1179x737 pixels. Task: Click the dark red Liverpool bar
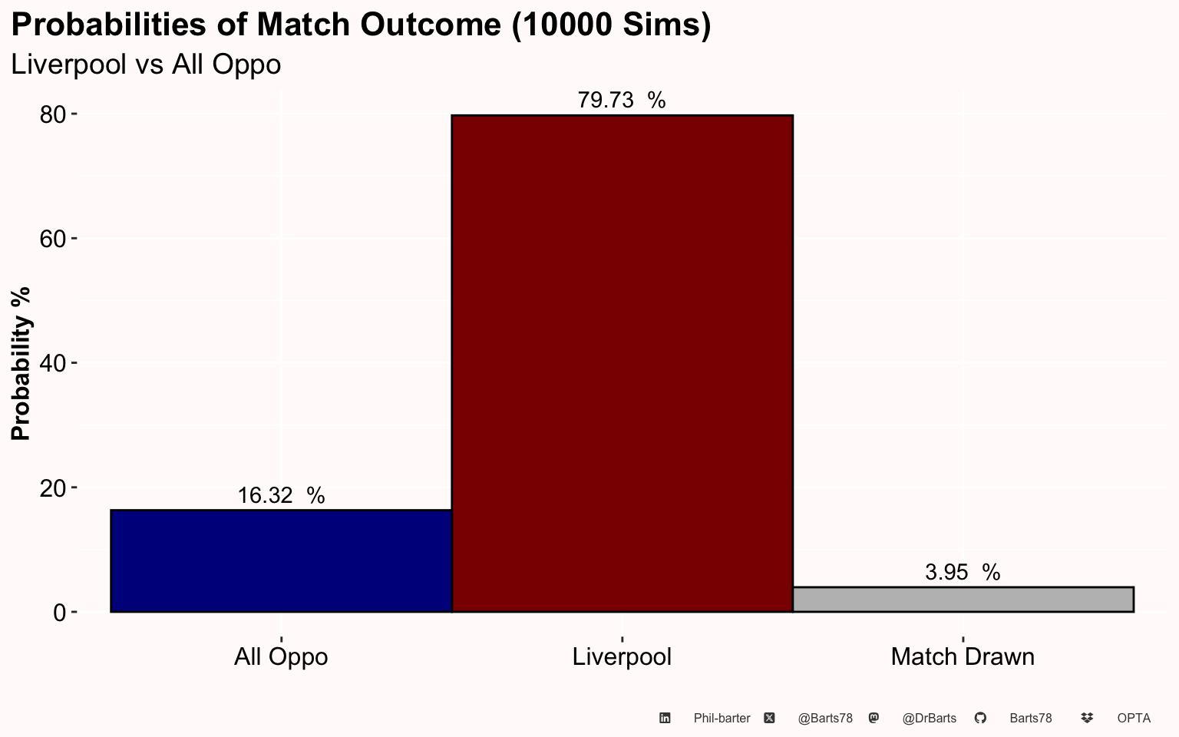(623, 363)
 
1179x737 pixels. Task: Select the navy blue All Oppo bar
(281, 560)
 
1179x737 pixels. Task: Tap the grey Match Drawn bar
(963, 600)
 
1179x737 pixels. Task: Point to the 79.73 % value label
(622, 100)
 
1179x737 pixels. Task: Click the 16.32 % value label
(281, 495)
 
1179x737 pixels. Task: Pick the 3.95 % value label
(963, 572)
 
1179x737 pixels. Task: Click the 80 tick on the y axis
(52, 114)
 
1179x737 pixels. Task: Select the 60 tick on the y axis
(52, 239)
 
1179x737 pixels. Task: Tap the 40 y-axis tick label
(52, 363)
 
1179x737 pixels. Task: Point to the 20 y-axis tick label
(52, 488)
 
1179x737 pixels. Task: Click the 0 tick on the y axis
(59, 612)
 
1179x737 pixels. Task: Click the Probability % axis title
(21, 363)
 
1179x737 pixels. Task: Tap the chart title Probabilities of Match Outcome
(361, 25)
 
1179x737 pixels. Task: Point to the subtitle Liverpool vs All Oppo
(146, 64)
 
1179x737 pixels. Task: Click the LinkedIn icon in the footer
(665, 718)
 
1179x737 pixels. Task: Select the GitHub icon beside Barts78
(980, 718)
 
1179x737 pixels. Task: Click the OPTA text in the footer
(1134, 719)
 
